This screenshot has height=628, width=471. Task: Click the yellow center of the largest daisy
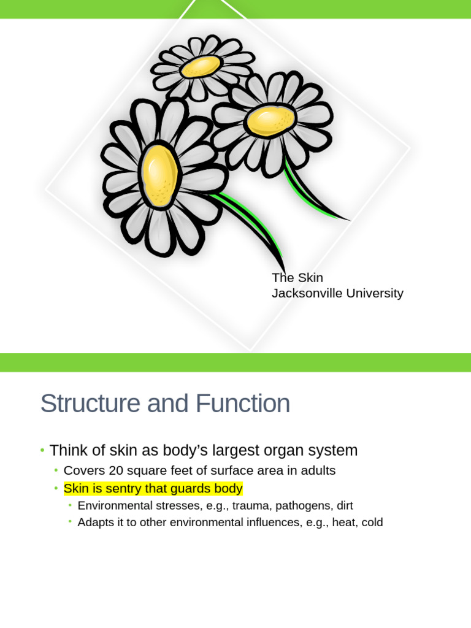160,175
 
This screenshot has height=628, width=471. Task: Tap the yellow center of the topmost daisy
201,66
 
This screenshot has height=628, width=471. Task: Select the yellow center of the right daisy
270,121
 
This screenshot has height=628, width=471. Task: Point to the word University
375,293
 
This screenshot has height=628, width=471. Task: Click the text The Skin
297,278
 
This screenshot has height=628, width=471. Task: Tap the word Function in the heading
243,404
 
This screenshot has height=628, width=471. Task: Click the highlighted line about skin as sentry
153,489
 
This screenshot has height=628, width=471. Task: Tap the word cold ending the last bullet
372,523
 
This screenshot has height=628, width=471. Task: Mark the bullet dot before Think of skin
42,451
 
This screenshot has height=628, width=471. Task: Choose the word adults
319,471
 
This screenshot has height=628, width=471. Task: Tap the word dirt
345,506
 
